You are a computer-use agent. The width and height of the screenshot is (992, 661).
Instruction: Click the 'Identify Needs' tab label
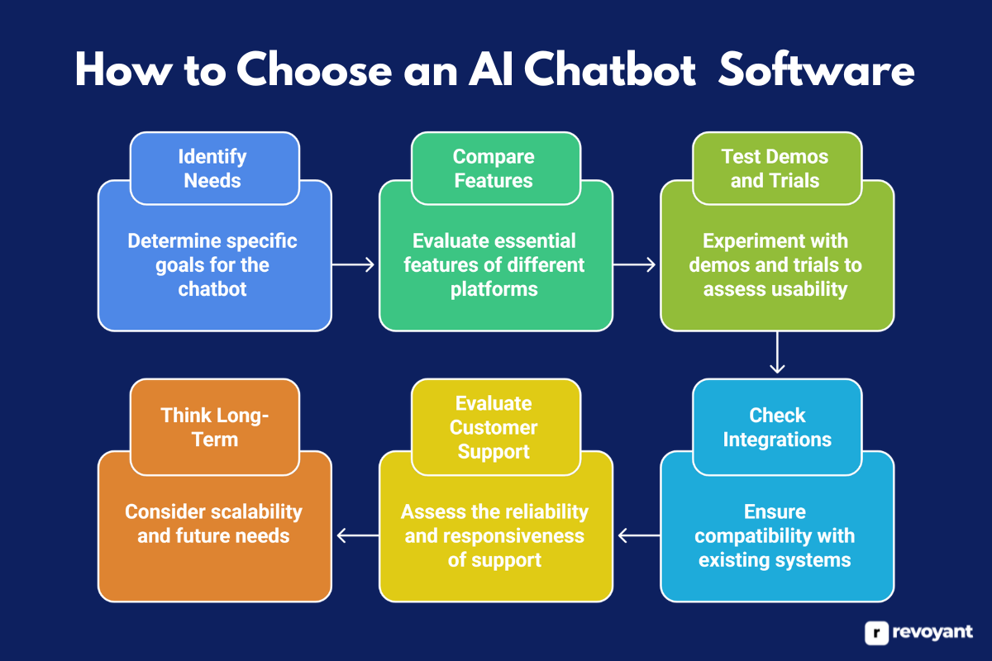214,169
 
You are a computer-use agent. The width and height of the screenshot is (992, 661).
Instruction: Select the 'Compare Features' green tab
494,169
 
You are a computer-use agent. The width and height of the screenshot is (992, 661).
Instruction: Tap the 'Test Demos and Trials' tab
775,169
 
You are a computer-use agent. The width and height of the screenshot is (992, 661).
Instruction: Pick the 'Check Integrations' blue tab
776,427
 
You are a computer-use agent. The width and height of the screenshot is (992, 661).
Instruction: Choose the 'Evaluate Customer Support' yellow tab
494,427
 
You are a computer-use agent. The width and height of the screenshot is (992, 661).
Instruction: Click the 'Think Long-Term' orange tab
214,427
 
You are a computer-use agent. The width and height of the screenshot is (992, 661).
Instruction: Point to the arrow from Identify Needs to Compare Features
355,264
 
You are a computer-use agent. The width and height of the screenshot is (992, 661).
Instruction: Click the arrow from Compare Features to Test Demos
636,264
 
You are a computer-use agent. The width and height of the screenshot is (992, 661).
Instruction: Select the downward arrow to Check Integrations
776,354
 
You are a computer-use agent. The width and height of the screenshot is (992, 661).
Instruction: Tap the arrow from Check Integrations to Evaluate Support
637,536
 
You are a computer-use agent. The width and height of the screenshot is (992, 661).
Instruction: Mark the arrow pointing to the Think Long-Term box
355,536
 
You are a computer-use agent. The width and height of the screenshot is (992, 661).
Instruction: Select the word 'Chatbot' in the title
609,72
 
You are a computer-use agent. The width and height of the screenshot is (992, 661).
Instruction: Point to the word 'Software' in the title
817,72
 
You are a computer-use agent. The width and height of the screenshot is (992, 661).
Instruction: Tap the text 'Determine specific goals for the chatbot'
212,265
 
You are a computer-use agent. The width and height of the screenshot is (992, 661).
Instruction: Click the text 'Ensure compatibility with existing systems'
775,535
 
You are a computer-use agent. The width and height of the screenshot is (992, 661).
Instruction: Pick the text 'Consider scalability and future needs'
213,524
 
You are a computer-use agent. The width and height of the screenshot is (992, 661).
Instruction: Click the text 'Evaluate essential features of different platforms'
494,265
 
